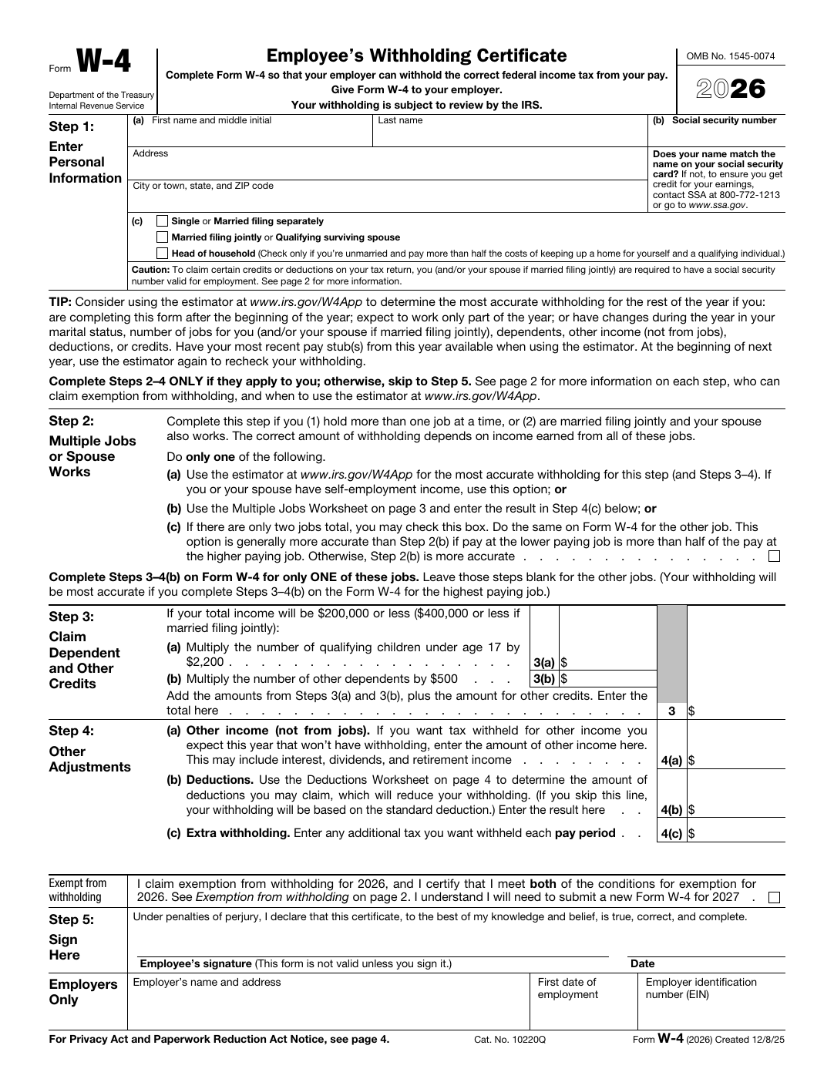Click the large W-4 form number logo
[103, 62]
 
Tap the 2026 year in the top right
[731, 89]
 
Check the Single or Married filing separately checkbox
[162, 221]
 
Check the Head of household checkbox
[162, 254]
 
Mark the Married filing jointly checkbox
[162, 237]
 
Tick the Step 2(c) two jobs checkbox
[775, 556]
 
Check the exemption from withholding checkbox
[775, 897]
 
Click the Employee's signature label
[295, 963]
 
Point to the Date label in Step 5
[642, 963]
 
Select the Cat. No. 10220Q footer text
[509, 1040]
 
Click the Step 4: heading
[71, 731]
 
